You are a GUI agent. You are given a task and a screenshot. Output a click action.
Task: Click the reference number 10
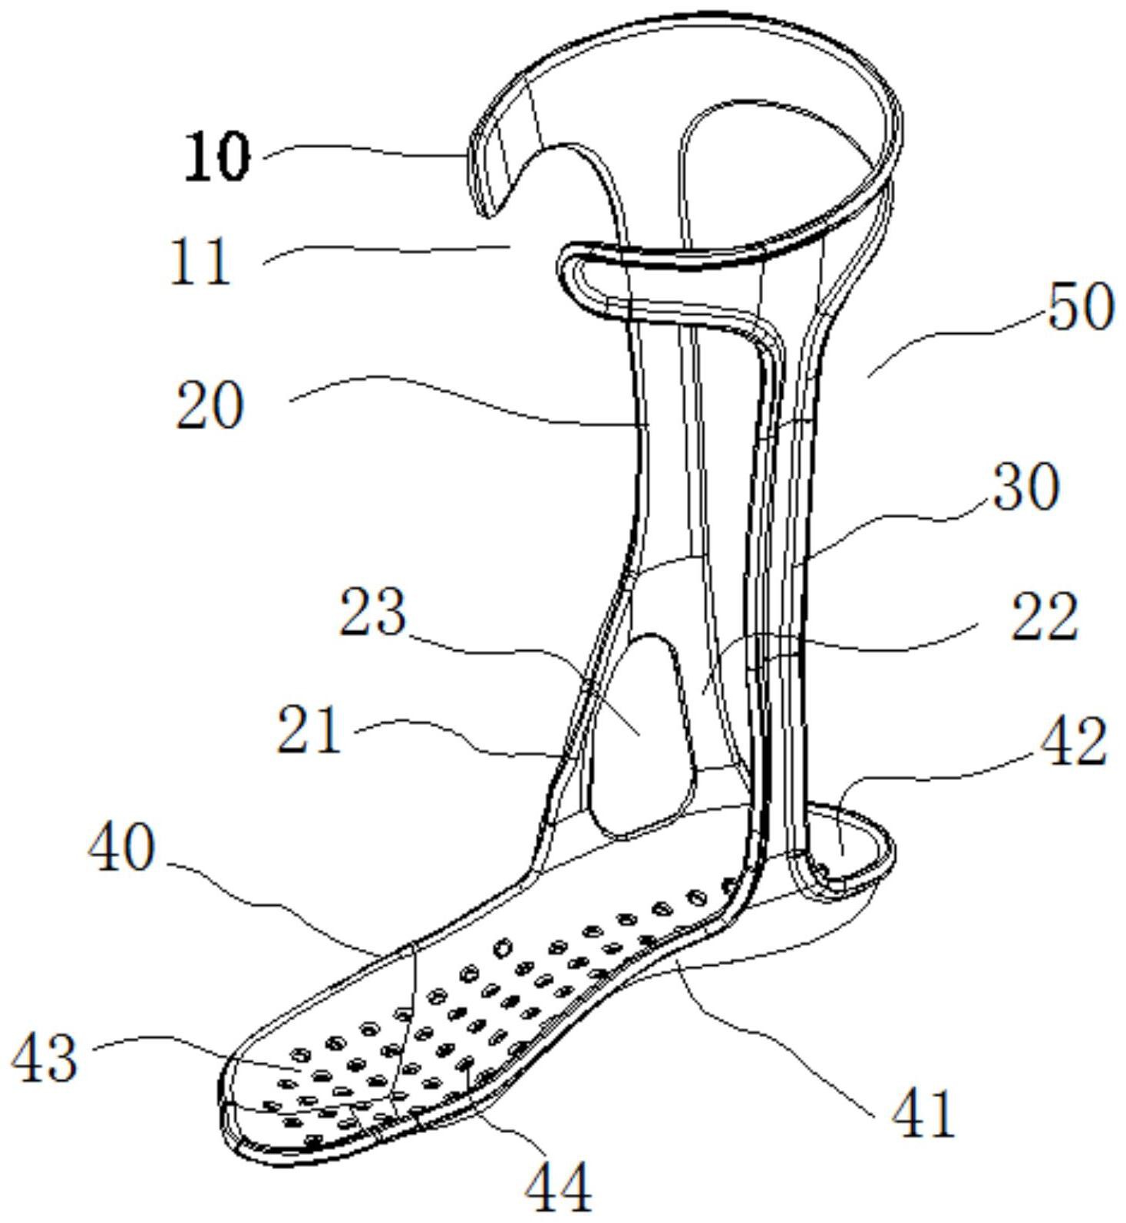point(218,157)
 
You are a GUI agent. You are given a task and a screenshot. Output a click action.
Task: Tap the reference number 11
point(200,262)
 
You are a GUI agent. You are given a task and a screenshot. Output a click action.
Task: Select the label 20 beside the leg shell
point(210,405)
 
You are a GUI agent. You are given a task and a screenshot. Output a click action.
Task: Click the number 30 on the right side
point(1026,487)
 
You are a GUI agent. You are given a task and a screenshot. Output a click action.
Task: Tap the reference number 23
point(372,612)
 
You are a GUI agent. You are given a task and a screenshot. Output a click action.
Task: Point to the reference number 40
point(122,848)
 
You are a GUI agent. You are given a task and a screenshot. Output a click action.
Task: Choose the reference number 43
point(44,1057)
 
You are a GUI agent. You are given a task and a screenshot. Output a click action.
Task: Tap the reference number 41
point(923,1112)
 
